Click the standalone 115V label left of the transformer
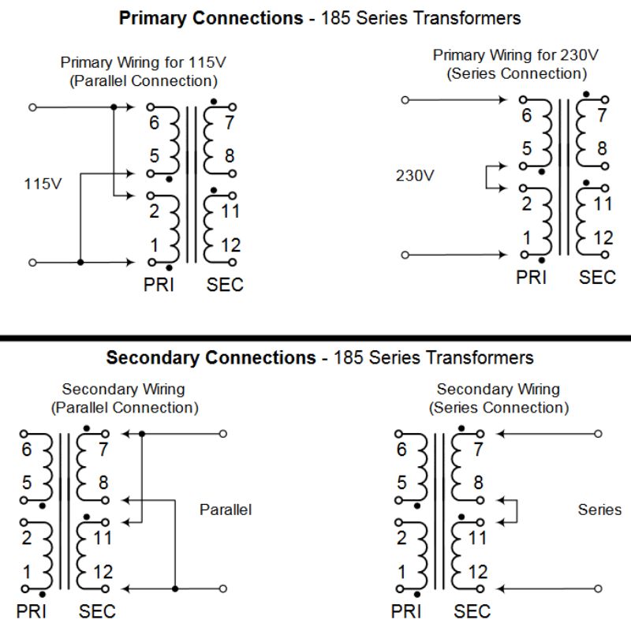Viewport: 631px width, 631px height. coord(43,184)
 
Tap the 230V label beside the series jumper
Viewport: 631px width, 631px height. coord(414,175)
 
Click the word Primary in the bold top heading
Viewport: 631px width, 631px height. coord(150,17)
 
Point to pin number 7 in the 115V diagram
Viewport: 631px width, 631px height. coord(229,123)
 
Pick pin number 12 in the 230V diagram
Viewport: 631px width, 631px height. coord(603,237)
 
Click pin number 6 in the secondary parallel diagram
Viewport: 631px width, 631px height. coord(28,450)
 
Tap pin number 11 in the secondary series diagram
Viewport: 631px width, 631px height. coord(478,539)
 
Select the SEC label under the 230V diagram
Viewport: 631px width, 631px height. coord(597,277)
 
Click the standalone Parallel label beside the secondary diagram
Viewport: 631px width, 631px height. coord(226,510)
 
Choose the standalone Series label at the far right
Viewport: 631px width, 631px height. coord(599,510)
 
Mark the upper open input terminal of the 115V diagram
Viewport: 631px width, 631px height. coord(32,106)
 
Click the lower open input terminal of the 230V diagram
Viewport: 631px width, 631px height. coord(405,254)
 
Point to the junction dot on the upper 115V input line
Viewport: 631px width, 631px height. coord(114,106)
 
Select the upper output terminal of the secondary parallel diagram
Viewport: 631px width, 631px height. coord(223,433)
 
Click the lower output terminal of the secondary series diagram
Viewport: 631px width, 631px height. coord(599,588)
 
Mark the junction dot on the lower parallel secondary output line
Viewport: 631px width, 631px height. coord(175,588)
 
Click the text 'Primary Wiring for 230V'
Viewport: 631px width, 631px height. coord(516,56)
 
